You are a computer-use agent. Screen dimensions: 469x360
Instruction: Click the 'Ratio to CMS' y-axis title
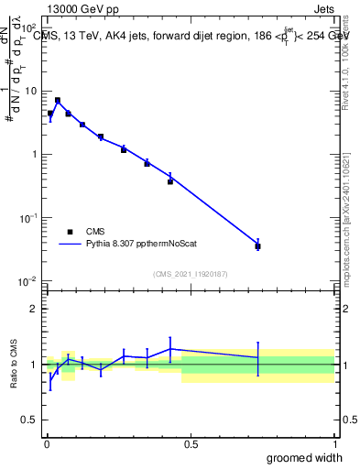click(14, 365)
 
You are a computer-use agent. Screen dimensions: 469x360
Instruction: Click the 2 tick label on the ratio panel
click(33, 309)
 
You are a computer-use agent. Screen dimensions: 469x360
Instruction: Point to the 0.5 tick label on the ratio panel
click(29, 420)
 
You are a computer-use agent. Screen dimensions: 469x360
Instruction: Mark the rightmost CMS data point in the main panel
click(258, 246)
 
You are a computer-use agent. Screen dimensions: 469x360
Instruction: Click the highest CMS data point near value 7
click(58, 101)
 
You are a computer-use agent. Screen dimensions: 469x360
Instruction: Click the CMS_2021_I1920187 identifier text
click(191, 272)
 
